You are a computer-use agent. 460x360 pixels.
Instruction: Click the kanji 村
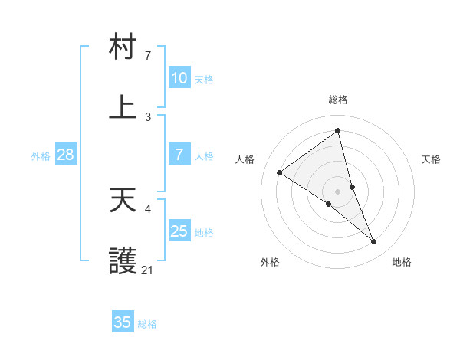coord(123,47)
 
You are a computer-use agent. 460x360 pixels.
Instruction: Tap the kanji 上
coord(123,107)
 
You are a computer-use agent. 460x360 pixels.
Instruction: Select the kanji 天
coord(123,200)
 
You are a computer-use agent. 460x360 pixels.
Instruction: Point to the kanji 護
coord(123,261)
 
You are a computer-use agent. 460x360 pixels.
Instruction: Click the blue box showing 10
coord(179,78)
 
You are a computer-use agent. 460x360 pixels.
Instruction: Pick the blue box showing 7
coord(179,155)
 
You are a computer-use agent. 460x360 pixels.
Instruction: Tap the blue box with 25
coord(179,231)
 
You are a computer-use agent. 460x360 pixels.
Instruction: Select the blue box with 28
coord(66,155)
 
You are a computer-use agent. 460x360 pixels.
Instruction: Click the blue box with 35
coord(123,322)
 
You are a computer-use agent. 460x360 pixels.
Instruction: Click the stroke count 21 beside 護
coord(147,270)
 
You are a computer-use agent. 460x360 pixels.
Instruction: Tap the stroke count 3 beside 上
coord(148,116)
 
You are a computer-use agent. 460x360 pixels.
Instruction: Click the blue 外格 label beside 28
coord(41,155)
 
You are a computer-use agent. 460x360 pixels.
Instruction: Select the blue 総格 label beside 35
coord(147,323)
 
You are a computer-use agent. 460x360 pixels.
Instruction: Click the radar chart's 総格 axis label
coord(338,100)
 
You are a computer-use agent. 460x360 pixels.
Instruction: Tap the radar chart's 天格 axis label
coord(432,159)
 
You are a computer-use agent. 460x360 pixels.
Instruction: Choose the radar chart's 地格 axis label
coord(402,262)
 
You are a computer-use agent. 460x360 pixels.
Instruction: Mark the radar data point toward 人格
coord(280,172)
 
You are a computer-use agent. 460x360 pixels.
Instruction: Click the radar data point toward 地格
coord(374,242)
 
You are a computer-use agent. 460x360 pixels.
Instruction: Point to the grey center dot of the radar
coord(338,191)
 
